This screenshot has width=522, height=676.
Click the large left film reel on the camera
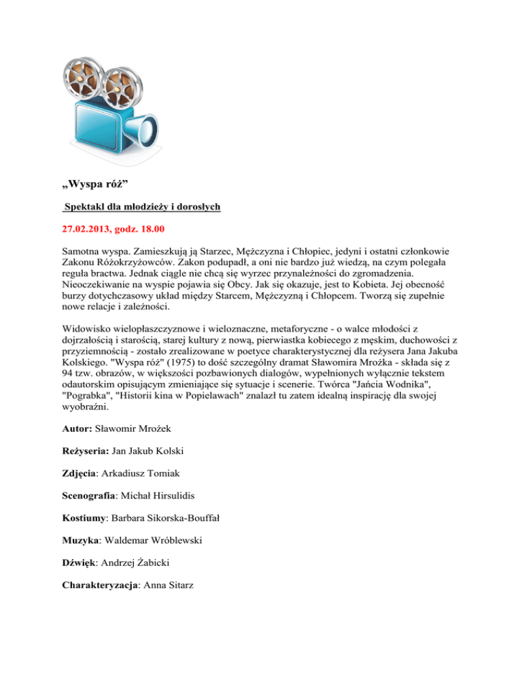[x=88, y=82]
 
